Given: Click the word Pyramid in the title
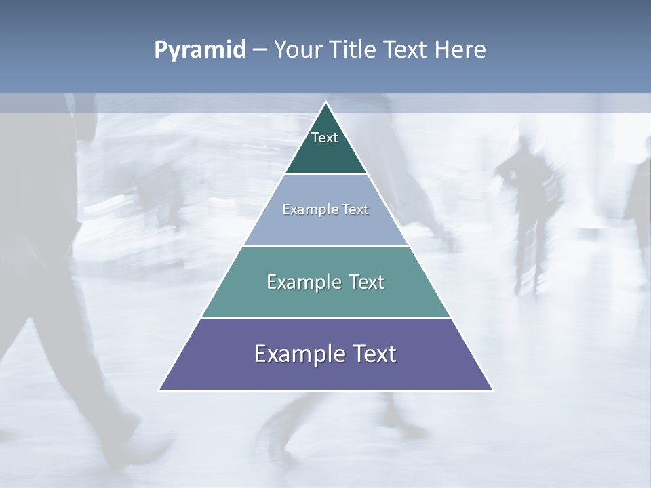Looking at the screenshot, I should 199,50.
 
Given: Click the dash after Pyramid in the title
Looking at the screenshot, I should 259,50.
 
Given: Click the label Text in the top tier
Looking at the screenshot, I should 325,138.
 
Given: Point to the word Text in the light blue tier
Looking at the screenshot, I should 355,209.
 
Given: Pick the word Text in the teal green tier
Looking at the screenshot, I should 366,282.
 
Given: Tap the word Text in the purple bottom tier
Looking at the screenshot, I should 374,354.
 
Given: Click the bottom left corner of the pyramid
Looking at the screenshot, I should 160,389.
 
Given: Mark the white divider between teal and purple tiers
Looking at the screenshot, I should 325,318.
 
